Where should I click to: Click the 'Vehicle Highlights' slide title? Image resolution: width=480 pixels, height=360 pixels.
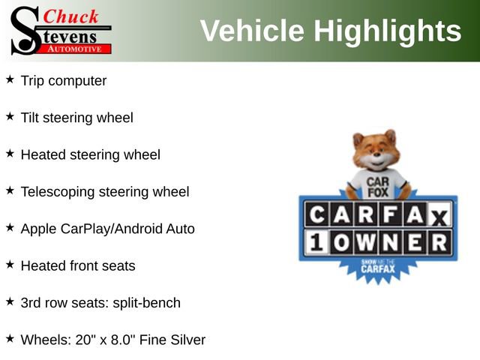pyautogui.click(x=330, y=31)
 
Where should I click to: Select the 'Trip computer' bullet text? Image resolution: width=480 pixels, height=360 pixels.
pyautogui.click(x=64, y=80)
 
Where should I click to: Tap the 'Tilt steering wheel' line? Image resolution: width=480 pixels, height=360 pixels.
pyautogui.click(x=76, y=118)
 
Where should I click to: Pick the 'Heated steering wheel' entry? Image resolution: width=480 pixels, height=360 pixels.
pyautogui.click(x=90, y=155)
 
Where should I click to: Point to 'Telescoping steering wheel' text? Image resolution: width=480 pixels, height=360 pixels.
pyautogui.click(x=105, y=192)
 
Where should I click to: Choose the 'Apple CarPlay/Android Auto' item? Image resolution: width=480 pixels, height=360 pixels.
pyautogui.click(x=107, y=229)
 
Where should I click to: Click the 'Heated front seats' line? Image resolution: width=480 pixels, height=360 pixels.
pyautogui.click(x=78, y=265)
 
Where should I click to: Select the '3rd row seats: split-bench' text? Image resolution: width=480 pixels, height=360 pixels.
pyautogui.click(x=100, y=303)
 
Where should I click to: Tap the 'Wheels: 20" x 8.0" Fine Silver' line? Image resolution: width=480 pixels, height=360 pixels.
pyautogui.click(x=112, y=340)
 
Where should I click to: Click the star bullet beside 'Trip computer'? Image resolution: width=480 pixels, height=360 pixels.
pyautogui.click(x=10, y=79)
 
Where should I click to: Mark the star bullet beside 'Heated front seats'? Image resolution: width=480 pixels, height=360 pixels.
pyautogui.click(x=10, y=264)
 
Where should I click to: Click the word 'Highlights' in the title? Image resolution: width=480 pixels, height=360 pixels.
pyautogui.click(x=387, y=31)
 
